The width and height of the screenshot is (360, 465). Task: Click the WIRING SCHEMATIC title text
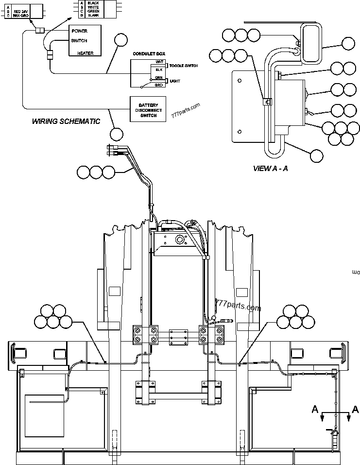tap(66, 121)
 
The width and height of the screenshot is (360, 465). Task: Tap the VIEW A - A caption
tap(271, 169)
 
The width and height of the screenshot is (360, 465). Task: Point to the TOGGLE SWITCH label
tap(184, 65)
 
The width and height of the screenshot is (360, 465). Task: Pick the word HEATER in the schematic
tap(85, 53)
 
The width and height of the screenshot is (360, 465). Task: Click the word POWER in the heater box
tap(79, 31)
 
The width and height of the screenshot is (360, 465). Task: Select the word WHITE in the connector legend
tap(94, 7)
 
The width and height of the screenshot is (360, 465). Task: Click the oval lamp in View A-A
tap(310, 43)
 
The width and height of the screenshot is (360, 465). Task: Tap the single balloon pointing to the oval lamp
tap(348, 44)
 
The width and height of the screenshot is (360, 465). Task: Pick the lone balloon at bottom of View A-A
tap(316, 156)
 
